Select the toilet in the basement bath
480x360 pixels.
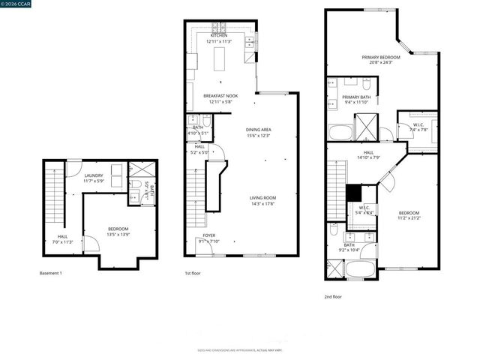click(136, 184)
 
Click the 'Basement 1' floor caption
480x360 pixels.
click(51, 273)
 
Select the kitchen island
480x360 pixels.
click(219, 61)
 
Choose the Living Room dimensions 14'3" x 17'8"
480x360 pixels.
click(262, 202)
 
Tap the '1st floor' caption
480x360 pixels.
click(193, 273)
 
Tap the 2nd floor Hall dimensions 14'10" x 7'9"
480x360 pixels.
click(368, 157)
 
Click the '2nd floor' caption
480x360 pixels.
click(333, 296)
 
